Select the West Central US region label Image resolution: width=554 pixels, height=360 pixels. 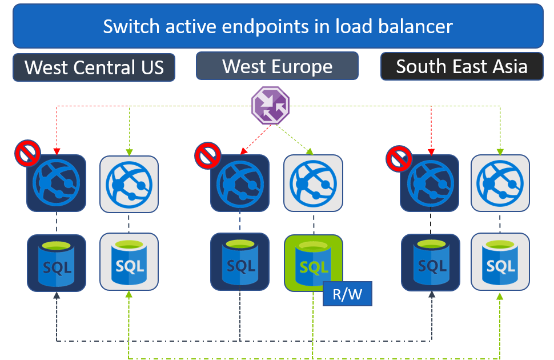94,67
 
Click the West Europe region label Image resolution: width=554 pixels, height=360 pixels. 277,66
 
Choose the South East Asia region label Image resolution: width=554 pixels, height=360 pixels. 461,66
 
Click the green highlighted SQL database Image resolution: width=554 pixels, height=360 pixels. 313,263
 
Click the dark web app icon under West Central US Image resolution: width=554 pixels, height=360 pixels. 56,182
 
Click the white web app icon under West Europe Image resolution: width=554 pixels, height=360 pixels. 313,183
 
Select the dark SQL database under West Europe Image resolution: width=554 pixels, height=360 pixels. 240,262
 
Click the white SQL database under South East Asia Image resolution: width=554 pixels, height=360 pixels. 500,262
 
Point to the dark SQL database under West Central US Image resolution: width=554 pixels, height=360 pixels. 56,263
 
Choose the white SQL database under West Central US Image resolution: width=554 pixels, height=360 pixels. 129,262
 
